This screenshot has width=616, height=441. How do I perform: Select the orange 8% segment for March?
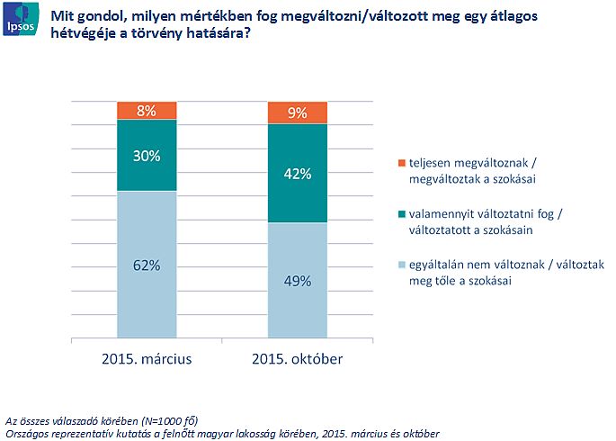147,111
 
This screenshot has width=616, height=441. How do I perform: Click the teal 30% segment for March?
147,155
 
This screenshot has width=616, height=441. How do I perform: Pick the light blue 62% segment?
147,265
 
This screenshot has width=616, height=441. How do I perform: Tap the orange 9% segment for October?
298,112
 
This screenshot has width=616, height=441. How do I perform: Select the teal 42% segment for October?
298,173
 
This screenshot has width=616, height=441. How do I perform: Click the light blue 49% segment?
298,281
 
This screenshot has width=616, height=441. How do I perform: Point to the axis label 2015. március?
147,360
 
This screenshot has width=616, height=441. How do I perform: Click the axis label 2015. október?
298,360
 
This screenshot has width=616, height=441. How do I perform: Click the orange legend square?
400,163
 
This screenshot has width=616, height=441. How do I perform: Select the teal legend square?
400,214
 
